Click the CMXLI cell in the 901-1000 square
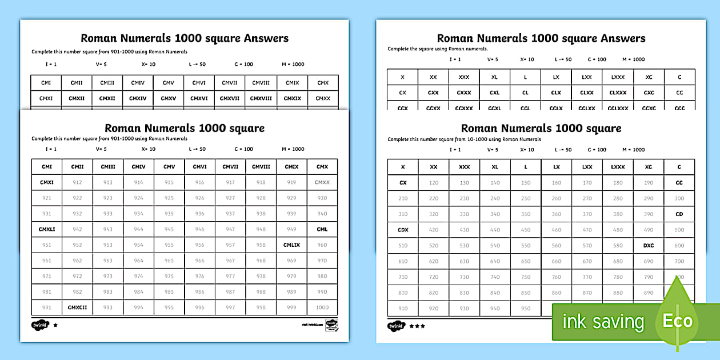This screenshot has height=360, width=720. pos(47,229)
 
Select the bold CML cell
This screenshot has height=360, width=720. pos(322,229)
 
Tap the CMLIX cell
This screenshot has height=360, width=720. pos(291,245)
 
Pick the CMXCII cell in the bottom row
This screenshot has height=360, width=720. pos(77,307)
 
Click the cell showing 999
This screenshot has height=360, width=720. pos(291,307)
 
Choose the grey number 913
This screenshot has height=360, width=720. pos(107,182)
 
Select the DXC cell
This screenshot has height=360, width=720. pos(648,245)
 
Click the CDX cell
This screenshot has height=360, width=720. pos(402,230)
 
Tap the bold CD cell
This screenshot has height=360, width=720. pos(679,214)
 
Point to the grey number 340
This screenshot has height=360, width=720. pos(495,214)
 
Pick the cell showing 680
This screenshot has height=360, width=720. pos(617,261)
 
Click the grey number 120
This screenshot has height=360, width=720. pos(433,183)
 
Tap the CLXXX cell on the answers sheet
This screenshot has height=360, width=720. pos(618,93)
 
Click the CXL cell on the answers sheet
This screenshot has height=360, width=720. pos(494,93)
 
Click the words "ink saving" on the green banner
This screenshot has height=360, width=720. pos(603,322)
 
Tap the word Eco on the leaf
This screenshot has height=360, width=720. pos(677,321)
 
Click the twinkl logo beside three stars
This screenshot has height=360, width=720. pos(396,326)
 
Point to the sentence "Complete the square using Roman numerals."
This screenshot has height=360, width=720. pos(438,49)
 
